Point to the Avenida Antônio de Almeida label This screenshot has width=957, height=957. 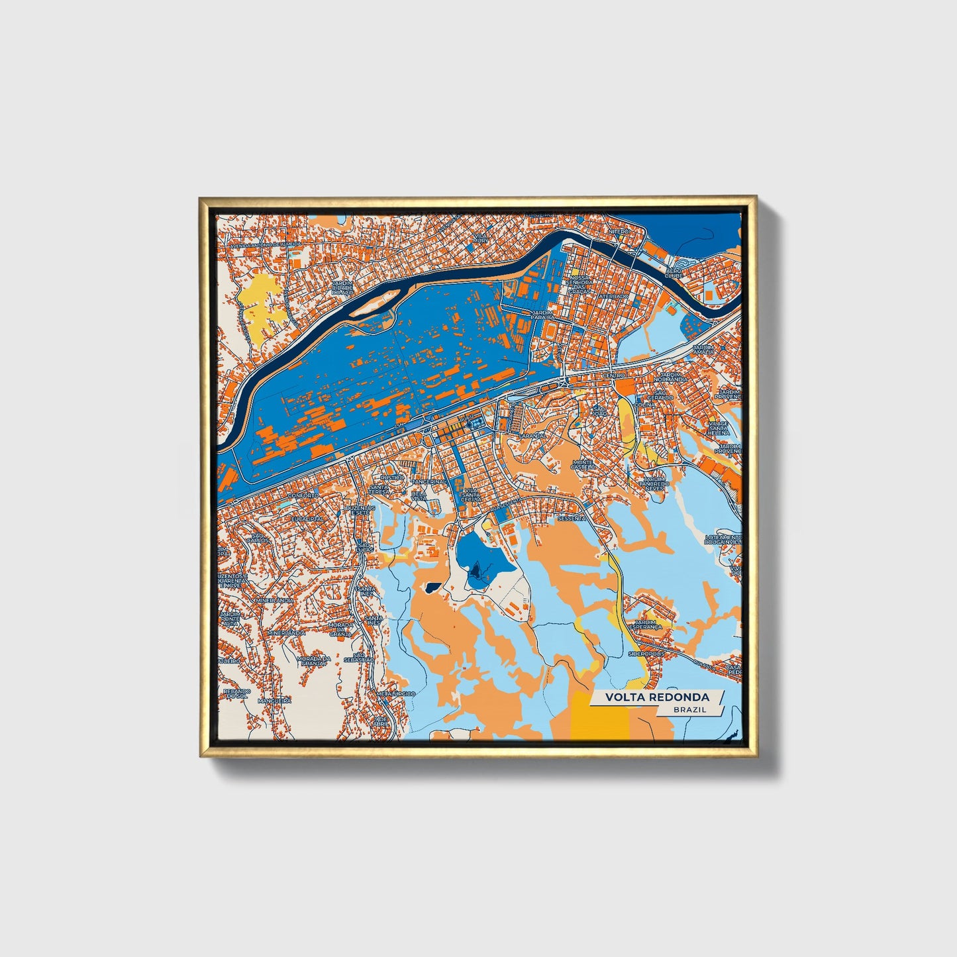click(x=264, y=245)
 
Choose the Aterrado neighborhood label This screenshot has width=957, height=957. click(x=615, y=296)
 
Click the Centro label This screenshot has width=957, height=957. click(x=613, y=376)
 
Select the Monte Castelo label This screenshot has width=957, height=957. click(x=583, y=464)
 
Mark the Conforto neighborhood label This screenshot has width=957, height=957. click(x=303, y=495)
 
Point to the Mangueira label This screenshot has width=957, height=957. click(x=274, y=700)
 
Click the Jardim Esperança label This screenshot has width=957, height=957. click(x=648, y=625)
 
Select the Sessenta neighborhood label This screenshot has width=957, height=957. click(x=570, y=519)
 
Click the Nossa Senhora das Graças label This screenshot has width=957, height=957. click(x=578, y=284)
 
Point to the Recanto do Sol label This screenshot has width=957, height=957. click(x=236, y=693)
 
